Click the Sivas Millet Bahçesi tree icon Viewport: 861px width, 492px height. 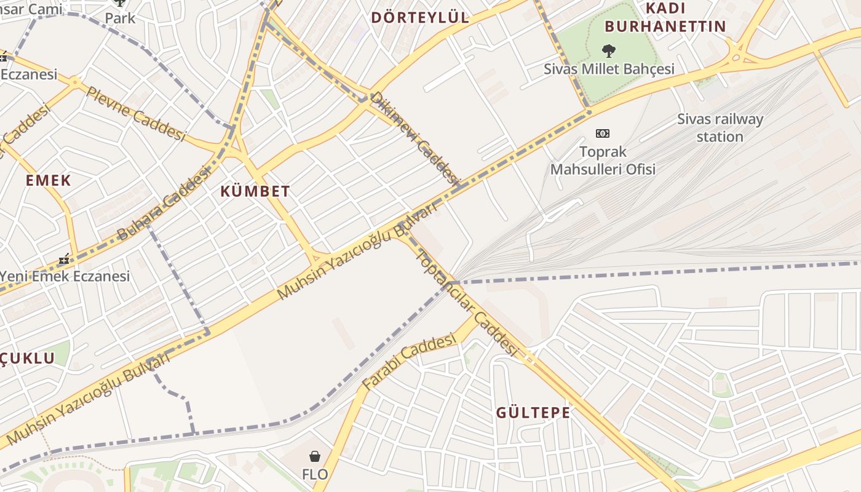click(x=609, y=50)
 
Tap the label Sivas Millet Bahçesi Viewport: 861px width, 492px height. click(x=609, y=69)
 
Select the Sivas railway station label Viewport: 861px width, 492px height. click(x=720, y=128)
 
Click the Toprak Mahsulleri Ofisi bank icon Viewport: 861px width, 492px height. click(x=603, y=133)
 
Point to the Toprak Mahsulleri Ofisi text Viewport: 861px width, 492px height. click(x=603, y=160)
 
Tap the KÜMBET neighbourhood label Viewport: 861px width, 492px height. click(x=255, y=191)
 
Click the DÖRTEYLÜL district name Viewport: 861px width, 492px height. click(x=420, y=17)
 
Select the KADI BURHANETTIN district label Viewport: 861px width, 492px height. click(x=665, y=17)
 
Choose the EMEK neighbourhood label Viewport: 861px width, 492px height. click(x=49, y=181)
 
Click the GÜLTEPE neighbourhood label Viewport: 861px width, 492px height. click(x=533, y=413)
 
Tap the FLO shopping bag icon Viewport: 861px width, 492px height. click(x=315, y=456)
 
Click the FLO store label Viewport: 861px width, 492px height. click(x=315, y=474)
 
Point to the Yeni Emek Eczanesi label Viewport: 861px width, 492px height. click(x=65, y=276)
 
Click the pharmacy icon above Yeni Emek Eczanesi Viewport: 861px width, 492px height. click(x=64, y=260)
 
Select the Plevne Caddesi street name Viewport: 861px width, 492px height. click(x=135, y=114)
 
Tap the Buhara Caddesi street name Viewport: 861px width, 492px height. click(x=163, y=204)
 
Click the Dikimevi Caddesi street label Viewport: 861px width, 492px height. click(x=415, y=139)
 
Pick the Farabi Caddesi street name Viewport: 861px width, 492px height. click(x=409, y=362)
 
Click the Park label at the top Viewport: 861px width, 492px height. click(x=119, y=17)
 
